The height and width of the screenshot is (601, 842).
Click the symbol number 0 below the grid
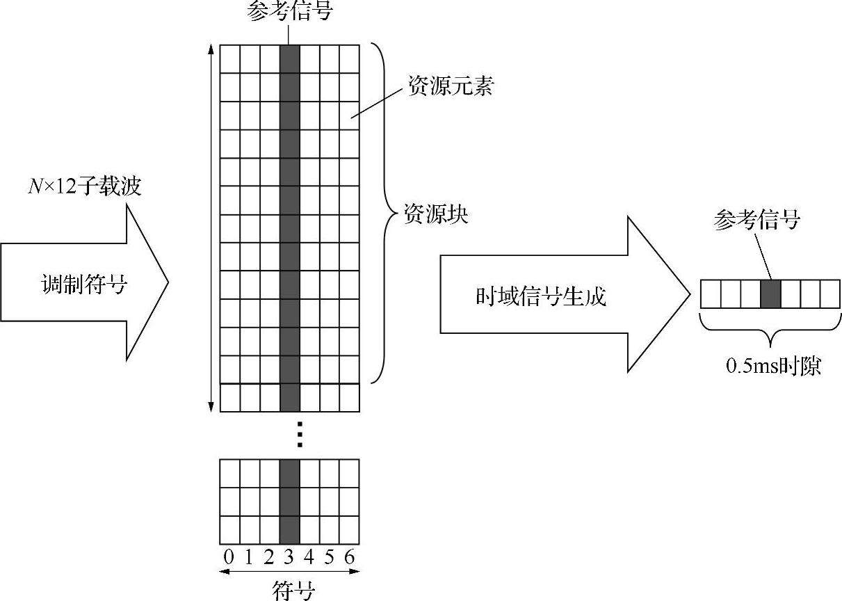(229, 557)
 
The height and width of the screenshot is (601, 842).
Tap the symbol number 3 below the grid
(290, 557)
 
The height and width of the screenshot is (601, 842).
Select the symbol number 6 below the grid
(350, 557)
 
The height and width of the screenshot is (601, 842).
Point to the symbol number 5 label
(330, 557)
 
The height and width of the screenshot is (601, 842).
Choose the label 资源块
(437, 214)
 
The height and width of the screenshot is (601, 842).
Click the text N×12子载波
(84, 186)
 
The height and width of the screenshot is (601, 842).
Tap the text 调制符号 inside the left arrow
(83, 285)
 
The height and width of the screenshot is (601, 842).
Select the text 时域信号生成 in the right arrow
(541, 296)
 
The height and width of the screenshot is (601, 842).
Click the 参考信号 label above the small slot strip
(756, 221)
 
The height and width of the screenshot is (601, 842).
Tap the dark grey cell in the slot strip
(770, 294)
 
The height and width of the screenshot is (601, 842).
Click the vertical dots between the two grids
(299, 433)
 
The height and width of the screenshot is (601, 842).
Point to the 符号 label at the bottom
(293, 591)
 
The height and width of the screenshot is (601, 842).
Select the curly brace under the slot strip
(770, 327)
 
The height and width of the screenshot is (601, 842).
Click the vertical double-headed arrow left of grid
(211, 227)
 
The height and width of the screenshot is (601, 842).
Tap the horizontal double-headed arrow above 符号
(289, 572)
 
